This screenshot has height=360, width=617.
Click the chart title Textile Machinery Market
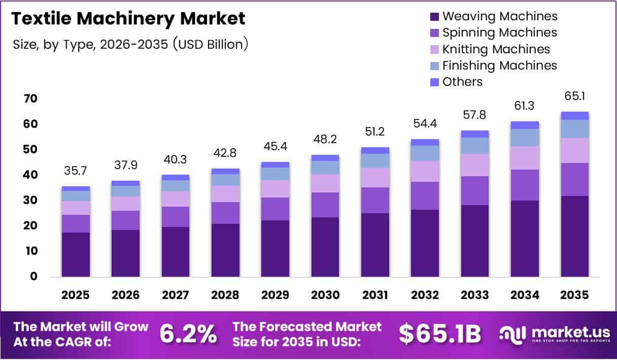pos(128,19)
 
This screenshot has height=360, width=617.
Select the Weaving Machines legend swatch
pos(434,17)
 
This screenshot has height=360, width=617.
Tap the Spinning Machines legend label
pos(499,33)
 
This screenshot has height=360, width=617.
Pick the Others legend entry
pos(462,82)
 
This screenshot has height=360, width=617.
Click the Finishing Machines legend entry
pos(499,66)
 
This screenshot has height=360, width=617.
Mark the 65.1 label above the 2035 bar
pos(574,96)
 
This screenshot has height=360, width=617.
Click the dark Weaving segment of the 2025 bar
pos(76,254)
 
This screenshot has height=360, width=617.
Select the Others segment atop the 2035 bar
pos(574,116)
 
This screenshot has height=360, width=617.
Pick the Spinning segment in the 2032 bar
pos(425,195)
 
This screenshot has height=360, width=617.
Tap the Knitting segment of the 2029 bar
pos(275,189)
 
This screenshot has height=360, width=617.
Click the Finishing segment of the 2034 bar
pos(525,138)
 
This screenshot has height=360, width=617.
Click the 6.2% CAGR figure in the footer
pos(188,334)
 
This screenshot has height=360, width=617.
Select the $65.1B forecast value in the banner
pos(439,334)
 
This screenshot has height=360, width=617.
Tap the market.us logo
pos(554,334)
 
